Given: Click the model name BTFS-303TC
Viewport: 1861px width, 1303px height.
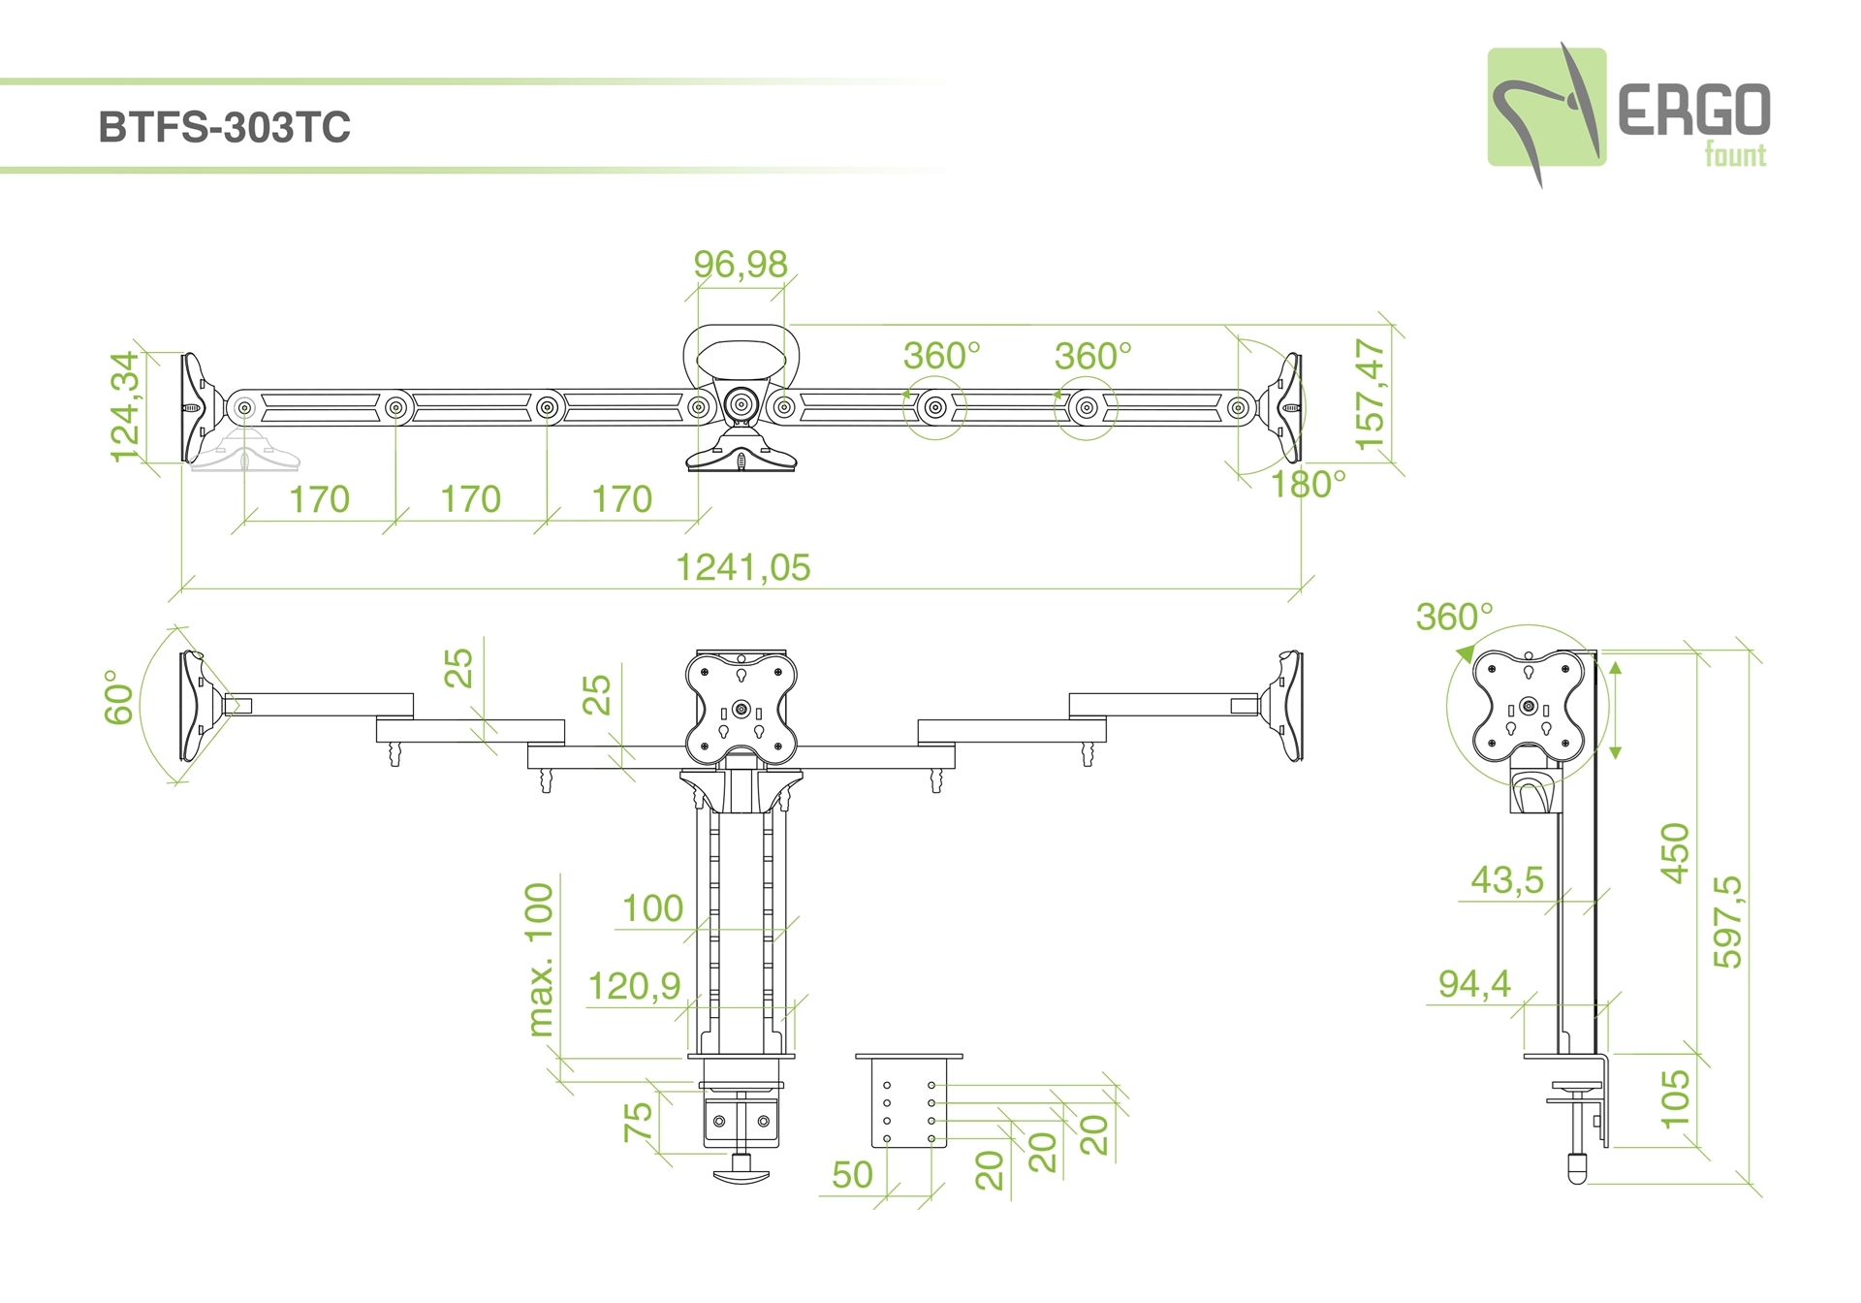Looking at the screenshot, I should tap(224, 128).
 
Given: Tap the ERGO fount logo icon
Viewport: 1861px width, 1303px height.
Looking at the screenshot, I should tap(1546, 109).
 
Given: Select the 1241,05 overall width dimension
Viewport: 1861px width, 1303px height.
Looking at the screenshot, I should tap(742, 567).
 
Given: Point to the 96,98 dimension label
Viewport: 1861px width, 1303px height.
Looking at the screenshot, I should tap(741, 264).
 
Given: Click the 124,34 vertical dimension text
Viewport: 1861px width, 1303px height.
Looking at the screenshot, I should tap(126, 406).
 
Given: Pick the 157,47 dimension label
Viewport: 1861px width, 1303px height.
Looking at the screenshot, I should tap(1371, 395).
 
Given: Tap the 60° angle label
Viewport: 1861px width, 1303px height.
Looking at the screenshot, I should tap(119, 697).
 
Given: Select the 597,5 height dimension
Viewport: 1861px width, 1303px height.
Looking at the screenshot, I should tap(1728, 921).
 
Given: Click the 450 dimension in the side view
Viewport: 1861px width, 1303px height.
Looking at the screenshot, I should tap(1676, 852).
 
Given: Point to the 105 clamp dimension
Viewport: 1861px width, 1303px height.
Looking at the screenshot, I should tap(1676, 1098).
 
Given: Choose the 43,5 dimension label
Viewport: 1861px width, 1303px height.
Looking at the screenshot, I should tap(1507, 879).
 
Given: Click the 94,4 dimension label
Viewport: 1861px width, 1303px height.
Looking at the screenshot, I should tap(1474, 984).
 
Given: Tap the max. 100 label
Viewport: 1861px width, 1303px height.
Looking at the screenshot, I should tap(540, 959).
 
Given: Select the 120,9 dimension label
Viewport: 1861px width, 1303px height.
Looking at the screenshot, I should tap(635, 986).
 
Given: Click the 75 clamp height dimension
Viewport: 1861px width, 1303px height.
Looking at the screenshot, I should tap(638, 1122).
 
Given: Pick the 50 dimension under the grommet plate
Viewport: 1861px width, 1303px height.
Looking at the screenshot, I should tap(852, 1175).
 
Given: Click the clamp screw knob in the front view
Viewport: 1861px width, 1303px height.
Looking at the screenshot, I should tap(741, 1174).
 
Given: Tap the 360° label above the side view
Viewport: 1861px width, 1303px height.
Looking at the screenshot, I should tap(1454, 617).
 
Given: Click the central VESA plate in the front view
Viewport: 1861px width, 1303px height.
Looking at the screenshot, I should tap(741, 708).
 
